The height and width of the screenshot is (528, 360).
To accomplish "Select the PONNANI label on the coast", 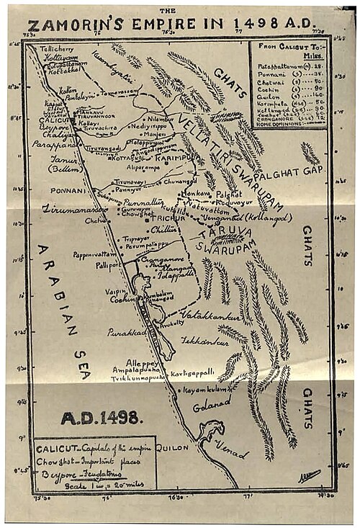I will coord(66,191).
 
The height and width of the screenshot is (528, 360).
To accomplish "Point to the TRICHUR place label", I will coord(168,218).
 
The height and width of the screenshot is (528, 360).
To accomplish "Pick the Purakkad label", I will coord(124,334).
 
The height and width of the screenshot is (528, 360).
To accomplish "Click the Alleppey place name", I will coord(142,362).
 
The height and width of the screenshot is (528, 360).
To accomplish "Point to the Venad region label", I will coord(232,452).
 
